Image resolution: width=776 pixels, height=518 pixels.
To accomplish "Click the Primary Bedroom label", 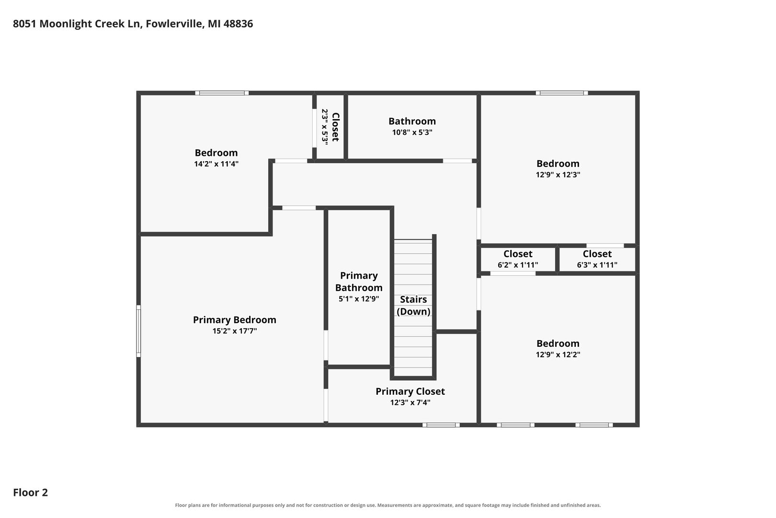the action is point(235,320).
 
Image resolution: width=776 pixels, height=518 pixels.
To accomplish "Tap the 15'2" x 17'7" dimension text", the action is point(235,331).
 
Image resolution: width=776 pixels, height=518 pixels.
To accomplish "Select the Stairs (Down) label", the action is point(413,306).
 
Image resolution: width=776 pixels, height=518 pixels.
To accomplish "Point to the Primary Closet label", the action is point(410,391).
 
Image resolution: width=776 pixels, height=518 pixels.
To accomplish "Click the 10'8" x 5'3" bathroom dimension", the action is point(412,132).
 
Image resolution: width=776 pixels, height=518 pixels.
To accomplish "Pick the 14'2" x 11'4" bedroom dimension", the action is point(216,164).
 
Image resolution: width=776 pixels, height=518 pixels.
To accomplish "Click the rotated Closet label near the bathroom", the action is point(335,127).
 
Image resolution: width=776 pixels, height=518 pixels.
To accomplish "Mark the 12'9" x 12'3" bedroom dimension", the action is point(558,175).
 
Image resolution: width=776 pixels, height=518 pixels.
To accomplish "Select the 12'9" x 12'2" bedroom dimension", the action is point(558,354).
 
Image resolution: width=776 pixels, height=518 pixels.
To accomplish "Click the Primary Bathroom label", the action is point(359,282).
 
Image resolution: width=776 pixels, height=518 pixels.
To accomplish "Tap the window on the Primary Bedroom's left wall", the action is point(138,331).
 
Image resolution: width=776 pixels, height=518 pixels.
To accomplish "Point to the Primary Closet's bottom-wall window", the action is point(441,425).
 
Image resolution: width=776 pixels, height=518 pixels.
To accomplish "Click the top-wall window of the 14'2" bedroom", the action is point(222,93).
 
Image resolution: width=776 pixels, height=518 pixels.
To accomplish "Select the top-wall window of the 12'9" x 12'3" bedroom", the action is point(561,93).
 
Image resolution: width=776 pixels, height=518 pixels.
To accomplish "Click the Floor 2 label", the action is point(31,493).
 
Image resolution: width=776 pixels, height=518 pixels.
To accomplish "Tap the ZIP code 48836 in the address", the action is point(239,24).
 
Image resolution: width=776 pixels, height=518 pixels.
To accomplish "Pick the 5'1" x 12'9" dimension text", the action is point(359,299).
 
